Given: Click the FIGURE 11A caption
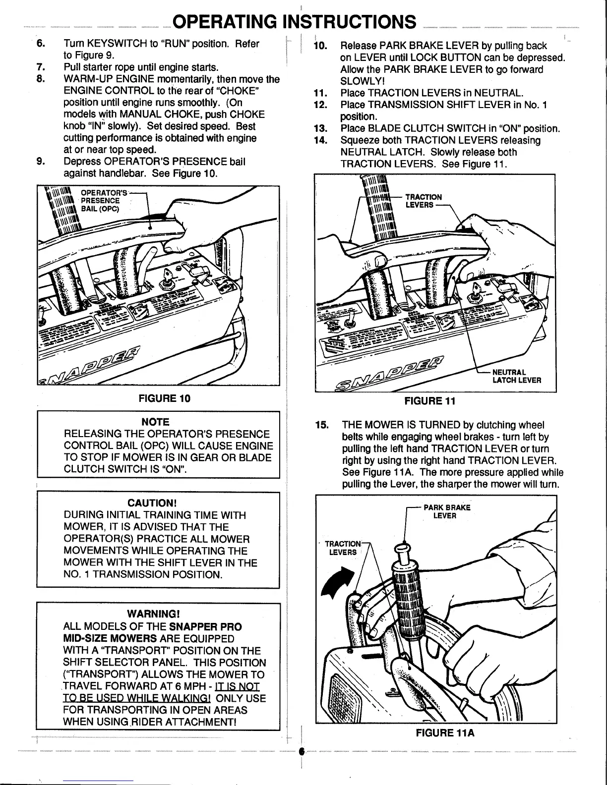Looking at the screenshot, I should (445, 732).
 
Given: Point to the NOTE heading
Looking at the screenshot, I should (155, 422).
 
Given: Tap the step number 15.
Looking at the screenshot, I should (322, 425).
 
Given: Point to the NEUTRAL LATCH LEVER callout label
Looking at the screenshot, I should (516, 376).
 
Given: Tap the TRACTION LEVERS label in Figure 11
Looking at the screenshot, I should (423, 201).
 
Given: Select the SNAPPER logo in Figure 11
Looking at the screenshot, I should (389, 373).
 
